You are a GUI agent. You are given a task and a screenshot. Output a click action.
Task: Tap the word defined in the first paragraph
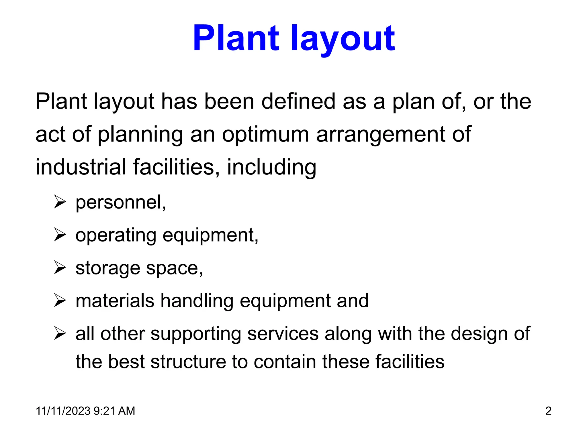(x=298, y=101)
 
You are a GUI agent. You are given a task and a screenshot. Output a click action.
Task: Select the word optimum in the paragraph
(x=265, y=134)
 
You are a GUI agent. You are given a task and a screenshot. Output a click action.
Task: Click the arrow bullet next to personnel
(x=60, y=202)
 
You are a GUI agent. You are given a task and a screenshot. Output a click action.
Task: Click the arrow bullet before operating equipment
(x=60, y=235)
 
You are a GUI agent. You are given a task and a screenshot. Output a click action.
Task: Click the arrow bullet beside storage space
(x=60, y=268)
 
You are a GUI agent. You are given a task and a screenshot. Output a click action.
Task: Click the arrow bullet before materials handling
(x=60, y=301)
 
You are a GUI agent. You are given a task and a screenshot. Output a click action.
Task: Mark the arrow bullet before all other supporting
(x=60, y=334)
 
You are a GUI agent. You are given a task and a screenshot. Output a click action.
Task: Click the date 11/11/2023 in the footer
(x=63, y=411)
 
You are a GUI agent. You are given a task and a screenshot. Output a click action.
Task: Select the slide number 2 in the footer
(x=548, y=411)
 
